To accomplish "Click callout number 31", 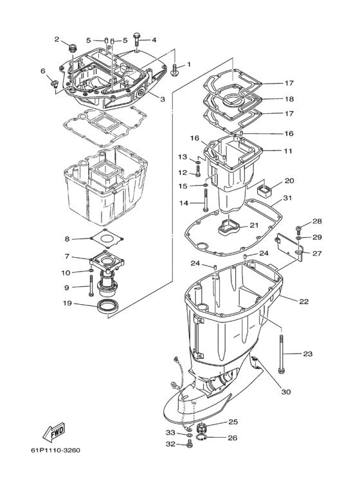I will [x=287, y=198].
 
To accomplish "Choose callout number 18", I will [x=289, y=99].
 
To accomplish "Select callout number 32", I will [x=170, y=444].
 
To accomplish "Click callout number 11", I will [x=288, y=150].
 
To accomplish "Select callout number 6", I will [x=43, y=71].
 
